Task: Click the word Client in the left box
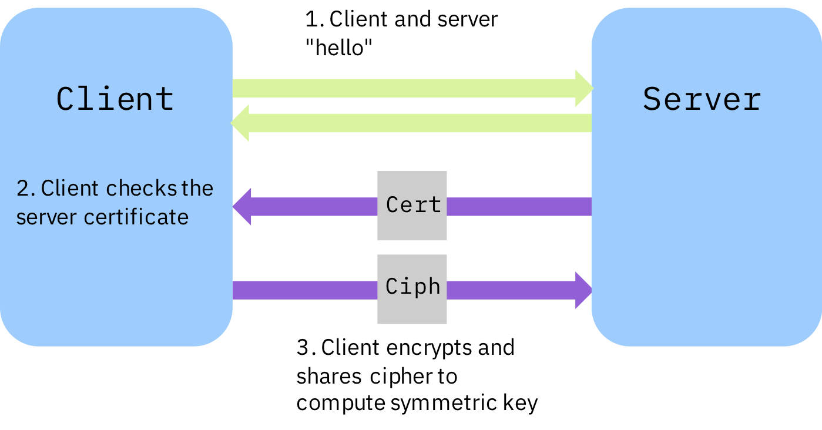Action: (x=115, y=98)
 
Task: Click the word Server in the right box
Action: (x=702, y=99)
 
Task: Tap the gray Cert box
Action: (x=412, y=206)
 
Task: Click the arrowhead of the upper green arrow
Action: (x=584, y=88)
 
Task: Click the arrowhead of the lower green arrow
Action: (x=240, y=123)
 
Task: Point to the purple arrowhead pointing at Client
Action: (x=242, y=207)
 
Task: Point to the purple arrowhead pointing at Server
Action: (x=584, y=290)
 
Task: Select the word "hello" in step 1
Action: (x=340, y=48)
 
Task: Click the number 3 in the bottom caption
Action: (x=303, y=347)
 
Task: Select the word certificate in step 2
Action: (x=136, y=217)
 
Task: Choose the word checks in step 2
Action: (x=141, y=189)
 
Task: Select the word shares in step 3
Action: (x=330, y=376)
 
